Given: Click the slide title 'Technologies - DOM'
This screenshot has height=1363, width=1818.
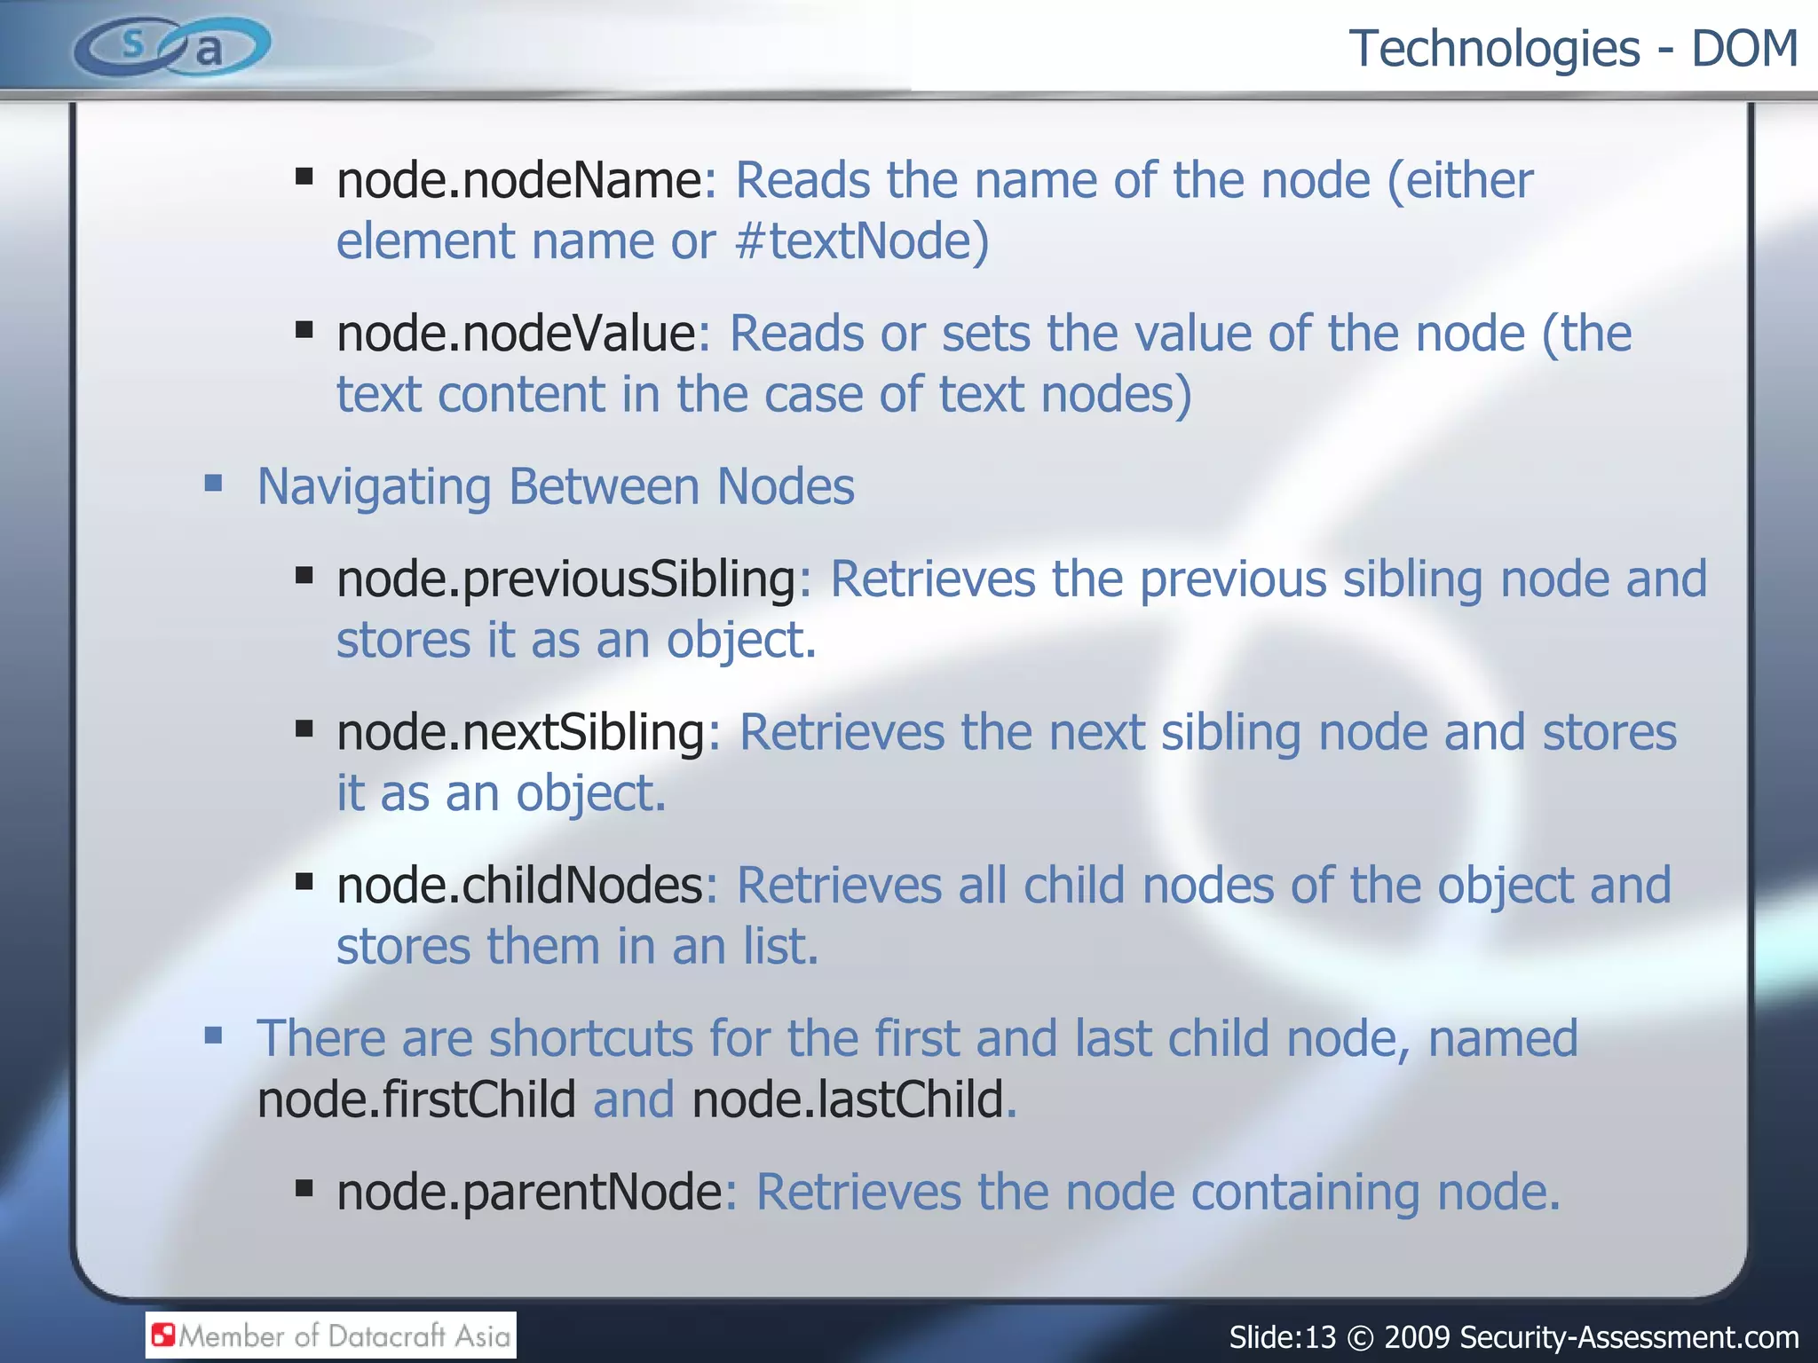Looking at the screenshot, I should point(1572,49).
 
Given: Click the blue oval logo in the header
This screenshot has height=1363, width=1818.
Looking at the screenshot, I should point(171,46).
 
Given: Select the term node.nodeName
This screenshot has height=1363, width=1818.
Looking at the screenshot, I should point(519,181).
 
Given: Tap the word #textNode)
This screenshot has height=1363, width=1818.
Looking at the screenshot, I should point(861,241).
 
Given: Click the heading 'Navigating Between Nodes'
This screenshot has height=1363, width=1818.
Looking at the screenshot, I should point(556,487).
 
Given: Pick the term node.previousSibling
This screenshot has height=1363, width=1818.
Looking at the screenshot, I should point(566,580).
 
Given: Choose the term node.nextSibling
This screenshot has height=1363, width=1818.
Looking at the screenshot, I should point(521,734).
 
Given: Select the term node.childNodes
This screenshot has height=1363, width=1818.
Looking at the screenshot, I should point(520,886).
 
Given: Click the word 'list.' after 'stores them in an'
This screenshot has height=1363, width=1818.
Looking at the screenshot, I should point(780,947).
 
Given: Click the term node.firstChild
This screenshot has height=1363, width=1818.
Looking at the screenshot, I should point(416,1100).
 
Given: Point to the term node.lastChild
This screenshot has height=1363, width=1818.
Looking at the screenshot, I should point(848,1100).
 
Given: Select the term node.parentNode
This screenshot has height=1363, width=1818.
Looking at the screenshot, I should point(530,1192).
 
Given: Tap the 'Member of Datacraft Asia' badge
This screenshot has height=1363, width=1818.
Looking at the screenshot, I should point(331,1335).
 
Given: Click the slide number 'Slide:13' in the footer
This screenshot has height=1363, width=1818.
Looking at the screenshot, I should point(1282,1337).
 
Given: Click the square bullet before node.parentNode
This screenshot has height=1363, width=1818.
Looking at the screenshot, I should point(304,1188).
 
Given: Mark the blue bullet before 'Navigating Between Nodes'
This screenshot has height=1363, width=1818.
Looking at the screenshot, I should point(213,484).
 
